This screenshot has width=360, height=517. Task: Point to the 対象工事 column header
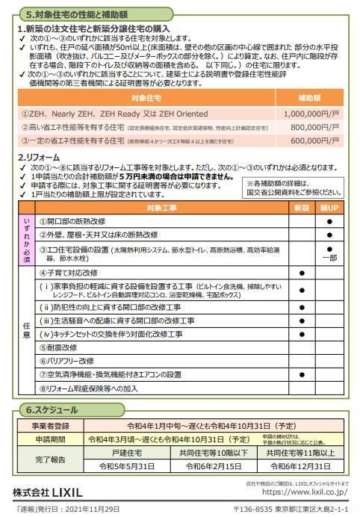click(x=162, y=208)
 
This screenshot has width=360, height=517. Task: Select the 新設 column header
click(x=301, y=208)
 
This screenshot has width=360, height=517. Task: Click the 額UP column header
click(x=329, y=208)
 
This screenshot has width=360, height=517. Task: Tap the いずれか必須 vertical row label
click(x=26, y=239)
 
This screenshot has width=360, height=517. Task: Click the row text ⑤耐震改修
click(x=59, y=347)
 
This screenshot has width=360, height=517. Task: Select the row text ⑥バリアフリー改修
click(x=66, y=361)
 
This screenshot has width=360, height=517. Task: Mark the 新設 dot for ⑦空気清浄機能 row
click(x=301, y=374)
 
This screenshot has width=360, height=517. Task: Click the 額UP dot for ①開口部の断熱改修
click(x=329, y=222)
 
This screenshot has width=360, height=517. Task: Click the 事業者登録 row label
click(x=51, y=425)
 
